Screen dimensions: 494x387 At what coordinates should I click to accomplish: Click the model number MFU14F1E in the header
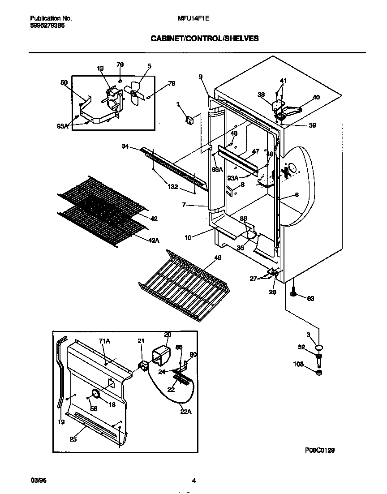(193, 18)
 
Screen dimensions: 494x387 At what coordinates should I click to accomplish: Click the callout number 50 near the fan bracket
(64, 82)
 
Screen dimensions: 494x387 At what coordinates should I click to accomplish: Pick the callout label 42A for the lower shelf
(154, 241)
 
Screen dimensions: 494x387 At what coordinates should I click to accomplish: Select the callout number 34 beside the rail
(125, 146)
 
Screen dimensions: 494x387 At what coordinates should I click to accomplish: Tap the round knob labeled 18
(95, 393)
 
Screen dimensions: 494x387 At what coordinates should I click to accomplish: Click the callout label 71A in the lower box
(104, 341)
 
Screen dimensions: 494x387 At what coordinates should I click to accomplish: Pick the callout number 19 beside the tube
(61, 422)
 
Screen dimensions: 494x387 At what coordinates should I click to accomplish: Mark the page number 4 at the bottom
(193, 481)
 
